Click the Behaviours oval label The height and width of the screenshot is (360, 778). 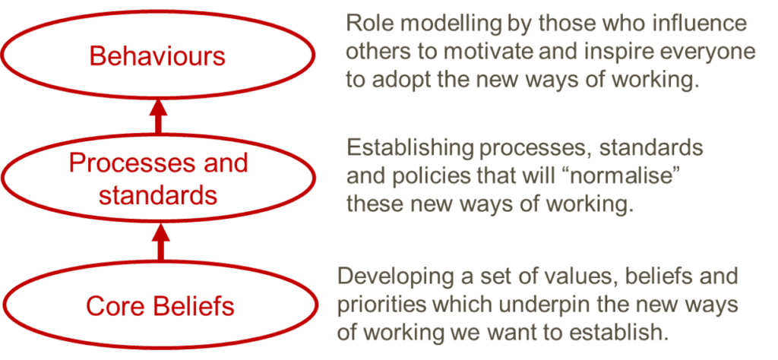click(x=157, y=55)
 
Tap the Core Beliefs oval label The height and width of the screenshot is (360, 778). click(x=160, y=307)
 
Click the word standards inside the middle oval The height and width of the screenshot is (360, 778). click(x=158, y=195)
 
